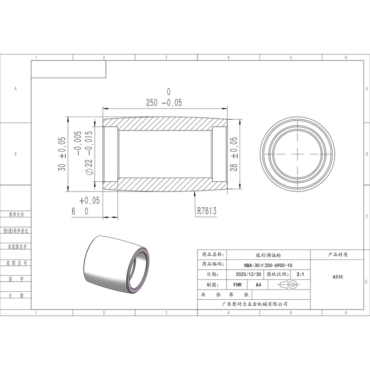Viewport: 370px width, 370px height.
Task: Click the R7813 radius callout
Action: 207,211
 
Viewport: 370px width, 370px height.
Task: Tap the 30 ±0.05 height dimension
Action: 62,154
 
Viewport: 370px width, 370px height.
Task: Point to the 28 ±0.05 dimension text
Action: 234,154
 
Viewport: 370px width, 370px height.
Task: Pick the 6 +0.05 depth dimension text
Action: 86,206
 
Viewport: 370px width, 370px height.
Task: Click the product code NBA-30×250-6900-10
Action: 268,265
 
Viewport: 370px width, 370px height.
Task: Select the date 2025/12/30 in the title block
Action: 248,274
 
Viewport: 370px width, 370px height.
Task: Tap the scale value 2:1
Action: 300,274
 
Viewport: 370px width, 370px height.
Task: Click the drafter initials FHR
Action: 237,285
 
